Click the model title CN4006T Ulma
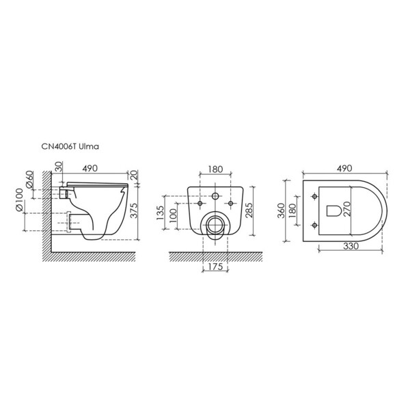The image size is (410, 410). point(70,146)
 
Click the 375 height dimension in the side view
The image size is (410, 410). point(134,210)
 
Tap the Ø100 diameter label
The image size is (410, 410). point(19,200)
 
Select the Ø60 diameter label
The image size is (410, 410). point(30,179)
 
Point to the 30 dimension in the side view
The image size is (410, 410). point(59,167)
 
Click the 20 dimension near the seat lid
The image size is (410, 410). point(133,175)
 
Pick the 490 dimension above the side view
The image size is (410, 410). point(90,168)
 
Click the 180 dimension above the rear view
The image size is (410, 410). point(215,169)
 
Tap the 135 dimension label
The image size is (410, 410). point(160,213)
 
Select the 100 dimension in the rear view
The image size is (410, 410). point(173,216)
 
